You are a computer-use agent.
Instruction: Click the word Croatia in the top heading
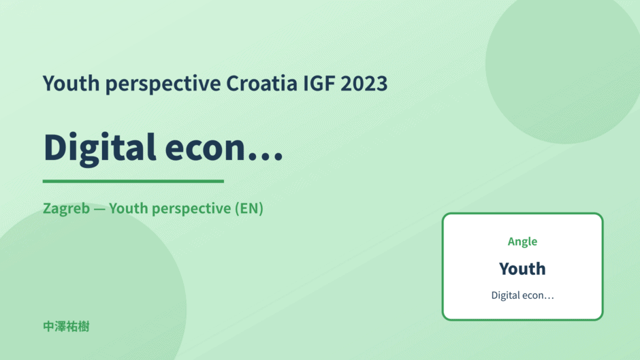coord(261,83)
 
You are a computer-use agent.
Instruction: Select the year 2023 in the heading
coord(364,83)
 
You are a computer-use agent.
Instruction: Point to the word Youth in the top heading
coord(71,83)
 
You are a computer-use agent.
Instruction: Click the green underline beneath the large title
coord(133,181)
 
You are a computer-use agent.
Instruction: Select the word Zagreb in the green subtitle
coord(66,209)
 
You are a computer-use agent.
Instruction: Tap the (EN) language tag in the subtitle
coord(249,208)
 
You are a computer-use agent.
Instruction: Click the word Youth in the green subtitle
coord(128,208)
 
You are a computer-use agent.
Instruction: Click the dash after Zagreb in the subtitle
coord(99,209)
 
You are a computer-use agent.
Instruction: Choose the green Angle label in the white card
coord(522,242)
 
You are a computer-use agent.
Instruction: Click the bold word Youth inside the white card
coord(522,269)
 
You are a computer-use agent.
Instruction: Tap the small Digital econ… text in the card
coord(522,295)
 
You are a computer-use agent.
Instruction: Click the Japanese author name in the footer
coord(66,327)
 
